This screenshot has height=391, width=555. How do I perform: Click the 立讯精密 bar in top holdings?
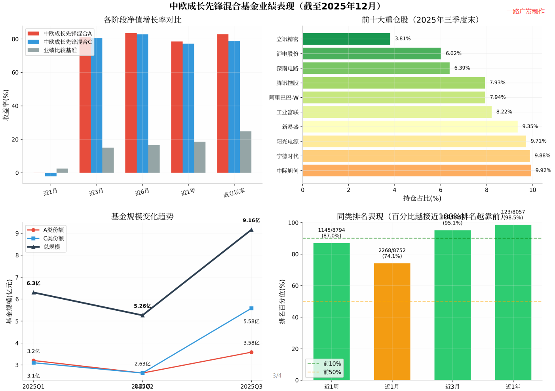346,39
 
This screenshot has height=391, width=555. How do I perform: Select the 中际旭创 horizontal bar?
416,170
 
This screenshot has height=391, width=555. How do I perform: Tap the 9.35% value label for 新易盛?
530,127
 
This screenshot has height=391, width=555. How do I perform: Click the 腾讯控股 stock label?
287,83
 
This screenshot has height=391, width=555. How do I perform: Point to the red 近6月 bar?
131,103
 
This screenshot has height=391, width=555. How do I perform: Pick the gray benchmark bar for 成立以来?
245,152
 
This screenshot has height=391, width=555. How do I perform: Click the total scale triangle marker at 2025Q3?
251,230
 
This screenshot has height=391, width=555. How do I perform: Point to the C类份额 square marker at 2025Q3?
251,308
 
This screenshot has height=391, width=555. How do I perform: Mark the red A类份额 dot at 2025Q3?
251,352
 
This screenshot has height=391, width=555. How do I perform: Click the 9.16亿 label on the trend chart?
251,220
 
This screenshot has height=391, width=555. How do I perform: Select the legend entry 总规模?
52,247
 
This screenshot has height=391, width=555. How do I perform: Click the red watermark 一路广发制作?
525,11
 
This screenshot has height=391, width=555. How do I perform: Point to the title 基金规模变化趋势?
143,216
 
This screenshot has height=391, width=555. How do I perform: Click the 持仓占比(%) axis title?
422,198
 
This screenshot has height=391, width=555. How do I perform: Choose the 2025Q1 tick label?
34,386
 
